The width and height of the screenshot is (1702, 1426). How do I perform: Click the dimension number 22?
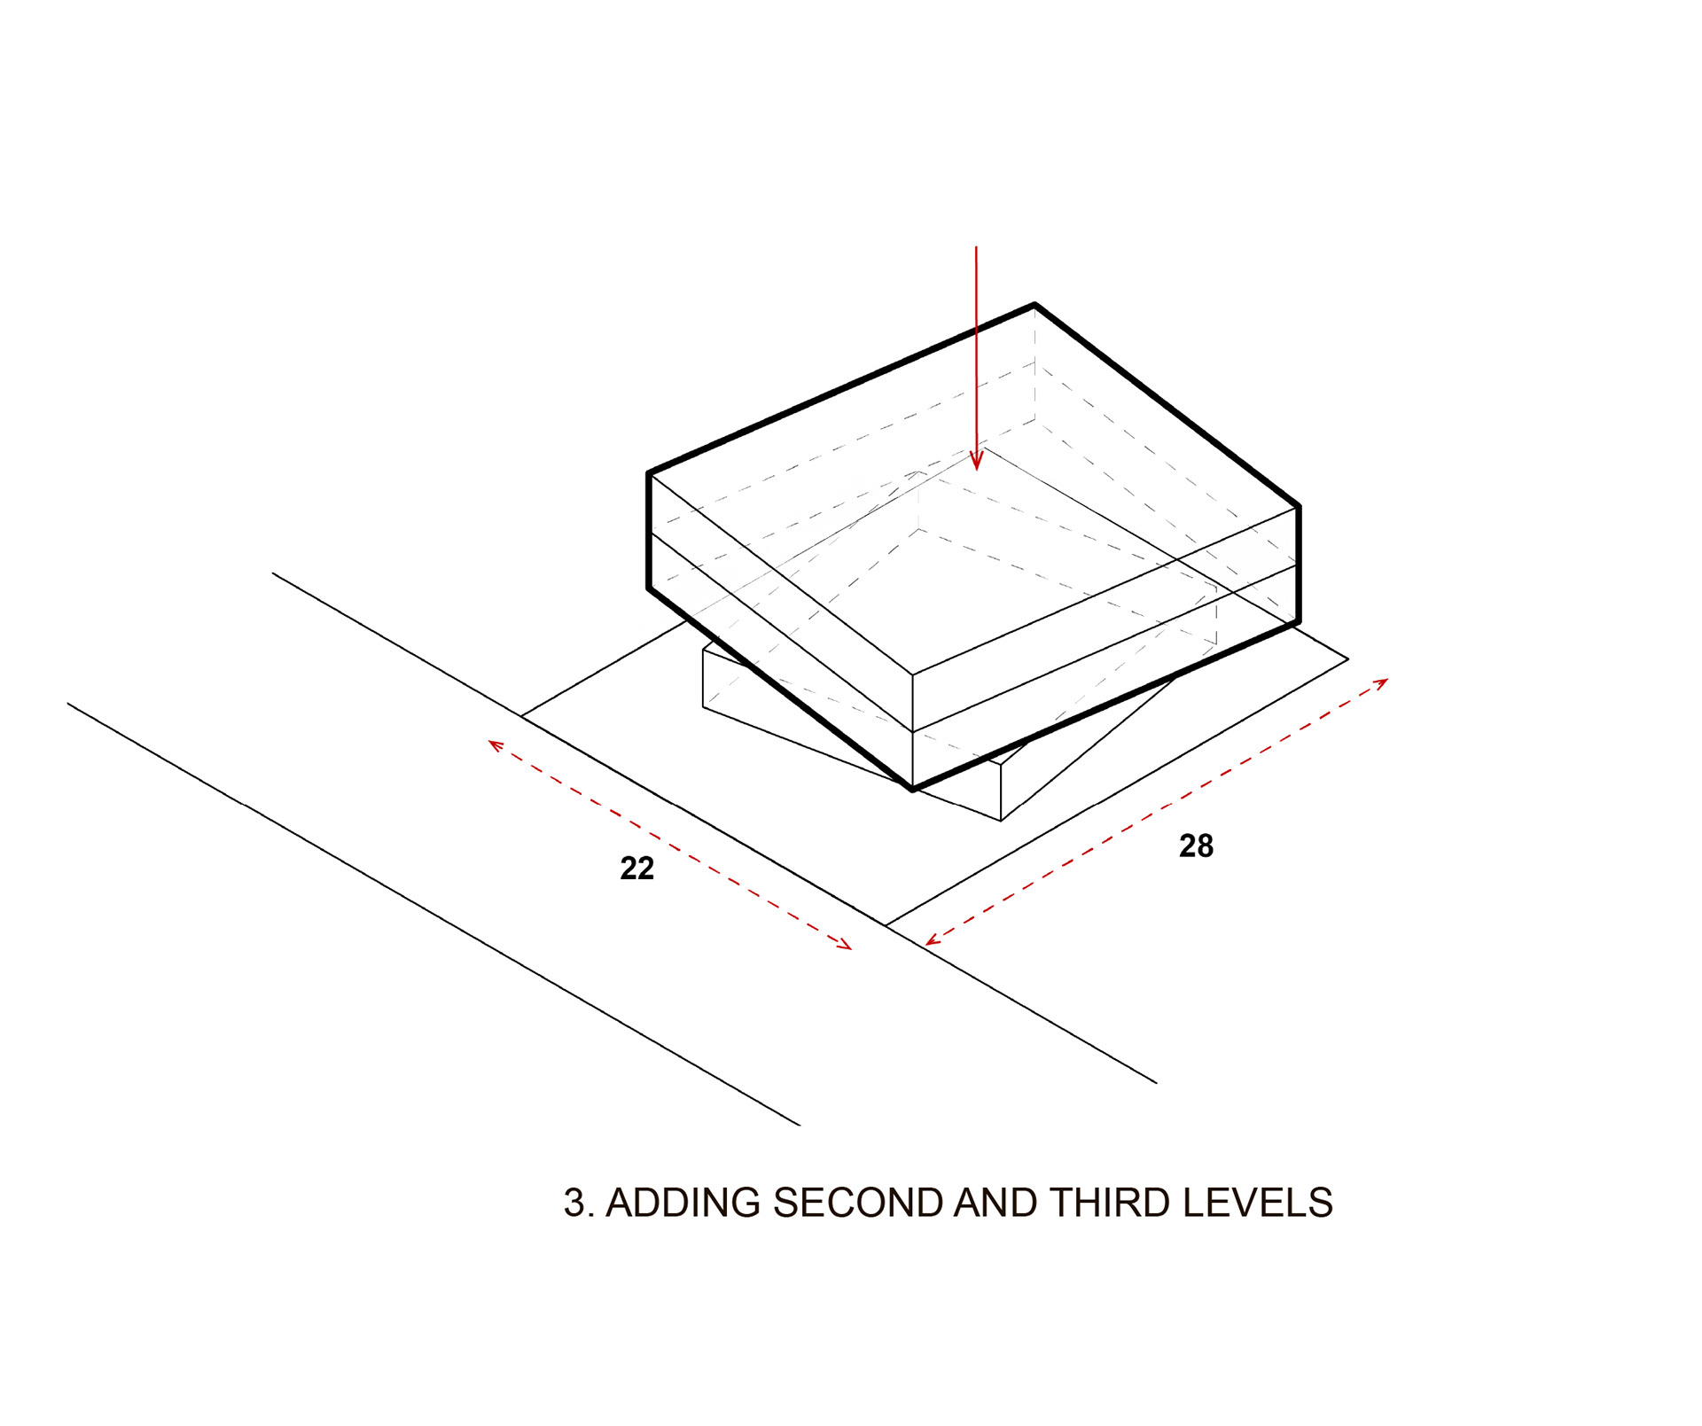tap(636, 868)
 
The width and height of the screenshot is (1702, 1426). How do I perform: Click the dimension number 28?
tap(1196, 846)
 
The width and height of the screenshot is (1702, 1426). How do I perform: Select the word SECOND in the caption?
tap(857, 1203)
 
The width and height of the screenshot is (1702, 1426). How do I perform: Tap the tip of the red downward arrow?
tap(976, 470)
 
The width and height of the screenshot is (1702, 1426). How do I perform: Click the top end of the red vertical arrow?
tap(976, 247)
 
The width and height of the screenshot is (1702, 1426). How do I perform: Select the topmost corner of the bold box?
tap(1034, 305)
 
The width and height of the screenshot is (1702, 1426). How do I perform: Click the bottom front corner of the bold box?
tap(913, 788)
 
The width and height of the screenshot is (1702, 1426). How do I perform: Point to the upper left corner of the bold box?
tap(650, 473)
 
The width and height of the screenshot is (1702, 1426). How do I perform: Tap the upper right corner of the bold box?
tap(1299, 506)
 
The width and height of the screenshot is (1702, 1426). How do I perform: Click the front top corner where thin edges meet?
tap(913, 674)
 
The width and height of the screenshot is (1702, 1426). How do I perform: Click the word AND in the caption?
tap(995, 1203)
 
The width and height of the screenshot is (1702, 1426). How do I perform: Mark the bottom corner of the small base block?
tap(1001, 821)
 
